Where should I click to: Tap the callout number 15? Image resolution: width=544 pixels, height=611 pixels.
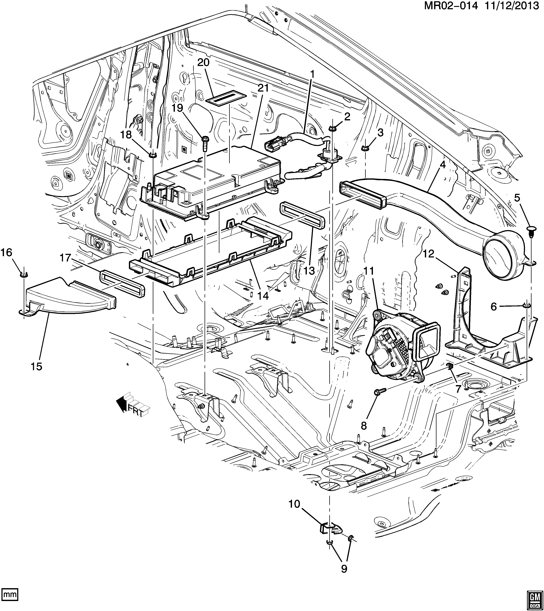36,366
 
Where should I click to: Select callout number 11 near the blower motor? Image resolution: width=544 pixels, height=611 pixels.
369,271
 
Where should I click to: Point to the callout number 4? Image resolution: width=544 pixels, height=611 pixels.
442,164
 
